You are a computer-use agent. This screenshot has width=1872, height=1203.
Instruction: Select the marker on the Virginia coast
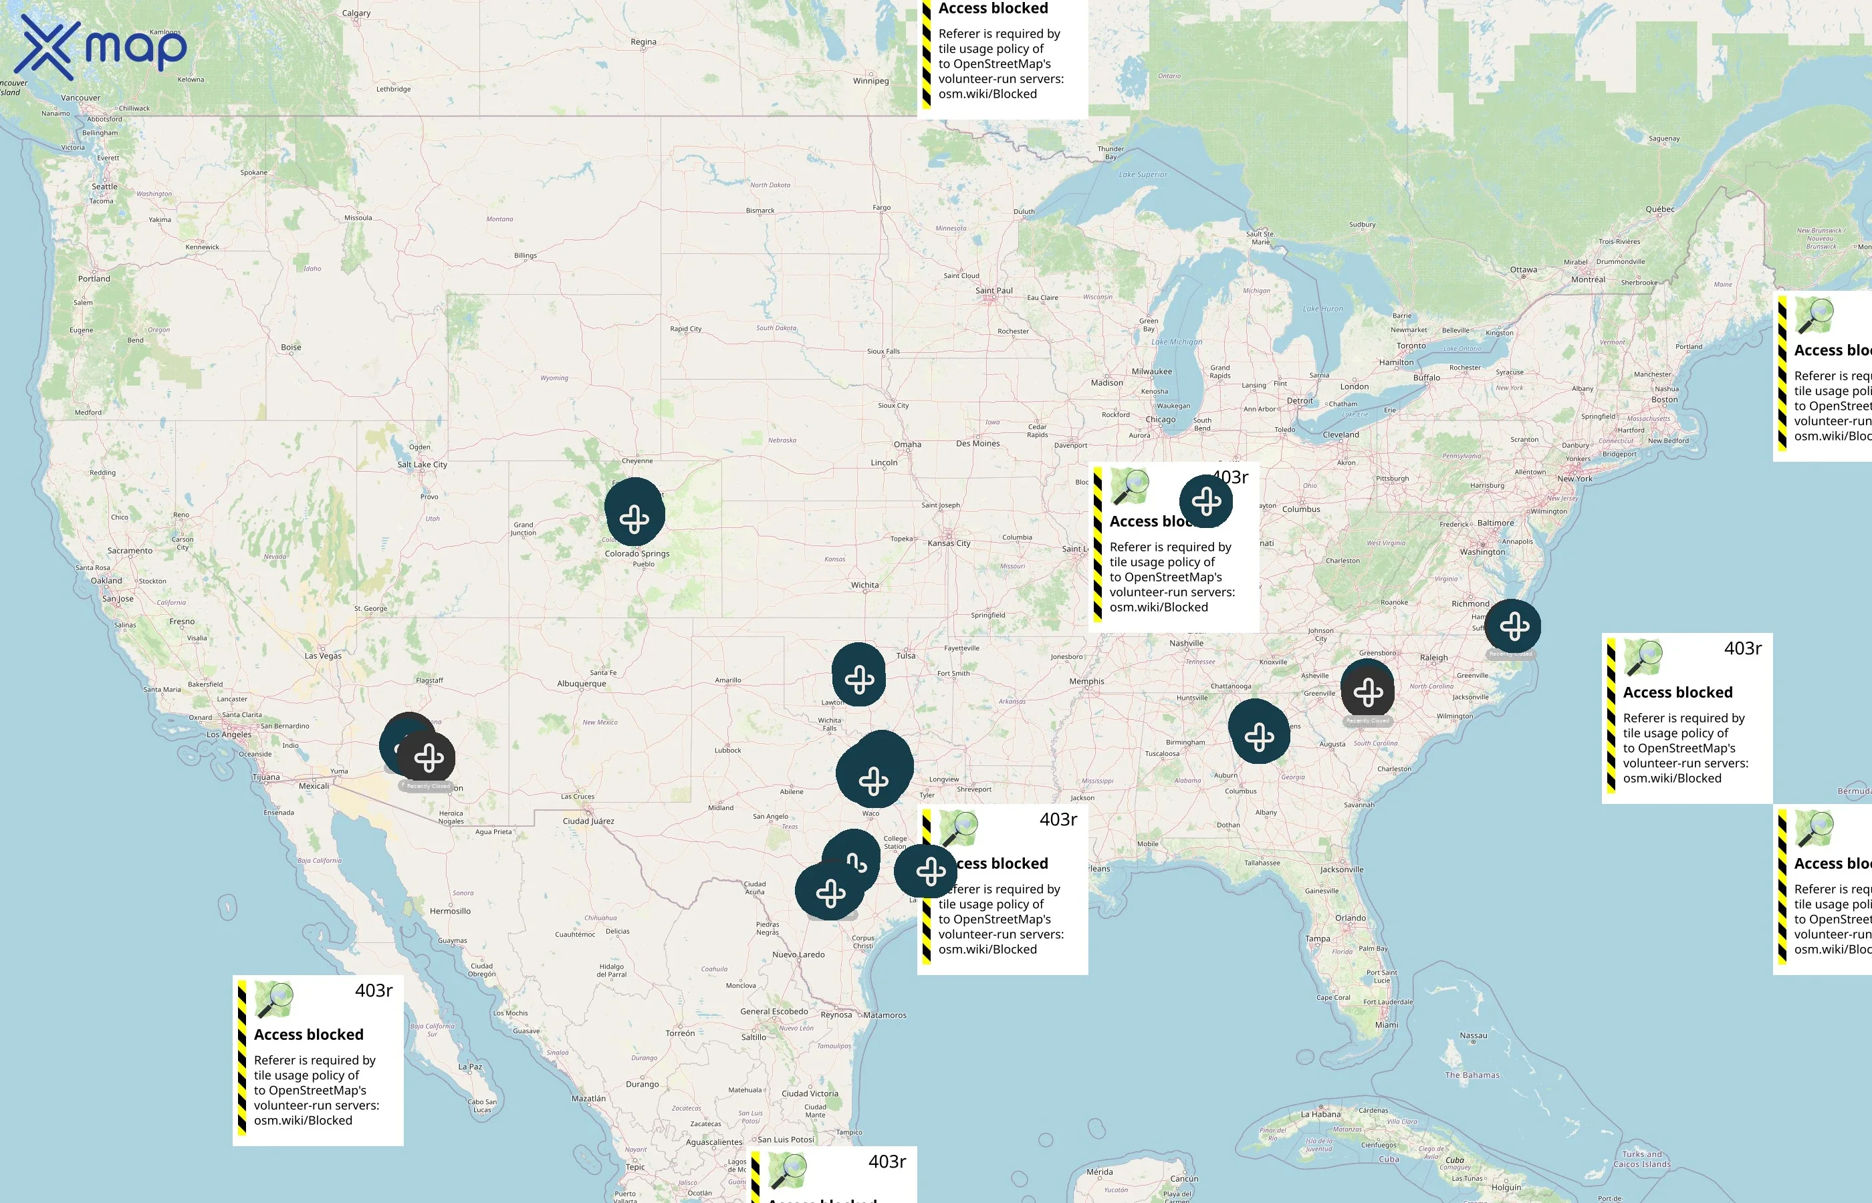(1514, 626)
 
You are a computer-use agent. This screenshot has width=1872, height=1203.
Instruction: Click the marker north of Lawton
(858, 679)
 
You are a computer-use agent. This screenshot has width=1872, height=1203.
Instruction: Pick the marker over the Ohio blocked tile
(1206, 501)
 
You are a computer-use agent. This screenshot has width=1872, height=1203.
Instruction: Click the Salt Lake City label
(422, 464)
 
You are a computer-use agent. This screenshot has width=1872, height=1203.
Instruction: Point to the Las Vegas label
(323, 656)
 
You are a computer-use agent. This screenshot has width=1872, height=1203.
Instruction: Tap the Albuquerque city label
(581, 684)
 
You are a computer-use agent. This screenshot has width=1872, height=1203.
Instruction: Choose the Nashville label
(1186, 644)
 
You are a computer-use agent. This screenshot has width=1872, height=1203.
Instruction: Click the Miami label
(1386, 1025)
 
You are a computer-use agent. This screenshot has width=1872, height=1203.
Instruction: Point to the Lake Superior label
(1143, 175)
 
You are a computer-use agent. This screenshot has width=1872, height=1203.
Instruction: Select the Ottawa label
(1523, 270)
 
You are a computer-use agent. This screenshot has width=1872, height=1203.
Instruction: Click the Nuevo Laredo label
(798, 954)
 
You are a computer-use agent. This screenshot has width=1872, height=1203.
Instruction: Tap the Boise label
(291, 348)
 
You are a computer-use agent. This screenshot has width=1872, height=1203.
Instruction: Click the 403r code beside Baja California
(374, 990)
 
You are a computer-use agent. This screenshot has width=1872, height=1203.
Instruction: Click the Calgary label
(356, 13)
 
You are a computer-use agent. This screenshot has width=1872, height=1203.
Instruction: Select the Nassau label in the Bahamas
(1473, 1036)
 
